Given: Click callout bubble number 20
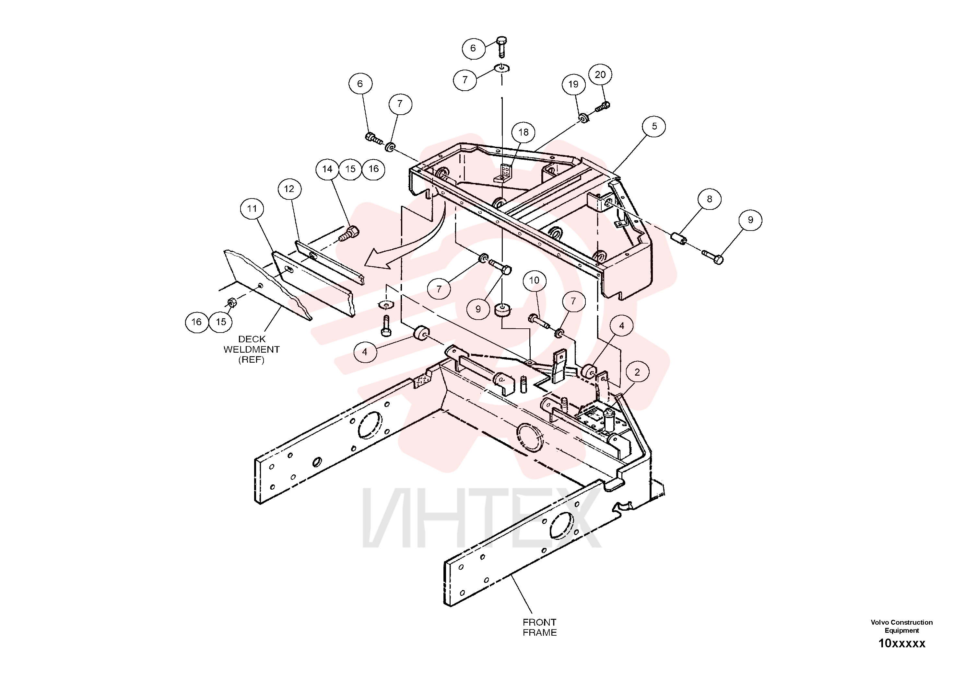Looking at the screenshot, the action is click(600, 75).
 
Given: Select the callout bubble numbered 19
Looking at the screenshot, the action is click(574, 85).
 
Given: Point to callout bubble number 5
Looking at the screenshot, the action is click(654, 126).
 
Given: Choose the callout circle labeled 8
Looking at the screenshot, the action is click(710, 199).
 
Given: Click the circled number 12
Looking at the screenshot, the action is click(289, 189).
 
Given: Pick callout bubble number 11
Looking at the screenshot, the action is click(252, 209).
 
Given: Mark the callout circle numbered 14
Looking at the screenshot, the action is click(327, 169).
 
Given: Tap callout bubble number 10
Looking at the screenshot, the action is click(534, 280).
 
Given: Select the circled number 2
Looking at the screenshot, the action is click(637, 372).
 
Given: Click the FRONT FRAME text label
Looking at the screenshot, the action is click(540, 627).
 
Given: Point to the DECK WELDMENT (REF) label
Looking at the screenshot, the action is click(251, 349).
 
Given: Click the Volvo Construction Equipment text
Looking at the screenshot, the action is click(901, 626).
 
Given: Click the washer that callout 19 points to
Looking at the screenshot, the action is click(583, 119).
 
